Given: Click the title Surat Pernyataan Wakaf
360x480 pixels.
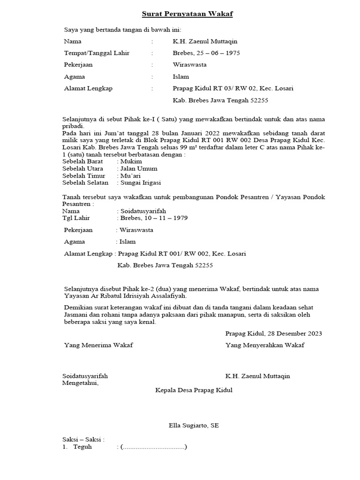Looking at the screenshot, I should (187, 14).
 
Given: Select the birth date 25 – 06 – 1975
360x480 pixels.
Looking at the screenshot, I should (217, 53).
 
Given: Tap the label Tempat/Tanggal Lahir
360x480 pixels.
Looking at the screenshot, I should (97, 53).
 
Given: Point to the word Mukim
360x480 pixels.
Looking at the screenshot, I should (131, 161).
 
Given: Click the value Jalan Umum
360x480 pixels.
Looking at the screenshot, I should (138, 168).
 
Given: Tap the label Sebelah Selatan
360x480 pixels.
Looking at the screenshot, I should (85, 182).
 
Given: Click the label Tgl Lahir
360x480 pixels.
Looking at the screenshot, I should (76, 218).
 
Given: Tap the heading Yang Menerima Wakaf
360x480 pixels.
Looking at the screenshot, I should (98, 345).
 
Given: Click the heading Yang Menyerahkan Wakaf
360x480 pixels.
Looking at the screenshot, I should (265, 345).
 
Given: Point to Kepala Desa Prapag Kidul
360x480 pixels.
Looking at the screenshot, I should (194, 390).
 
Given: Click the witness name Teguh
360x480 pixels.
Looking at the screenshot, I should (82, 447).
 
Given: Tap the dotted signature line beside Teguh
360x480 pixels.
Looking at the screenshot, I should (153, 447).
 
